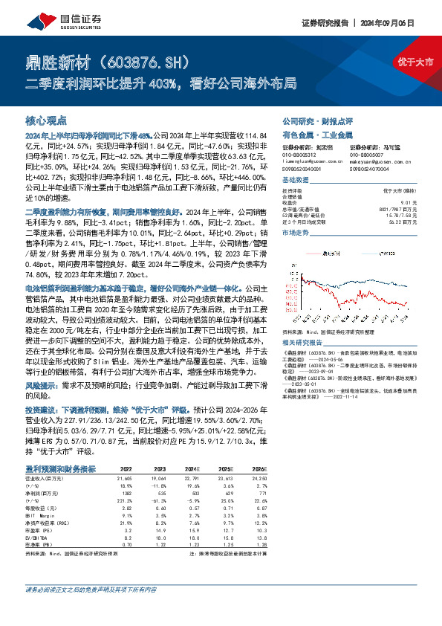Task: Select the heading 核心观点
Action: coord(46,120)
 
